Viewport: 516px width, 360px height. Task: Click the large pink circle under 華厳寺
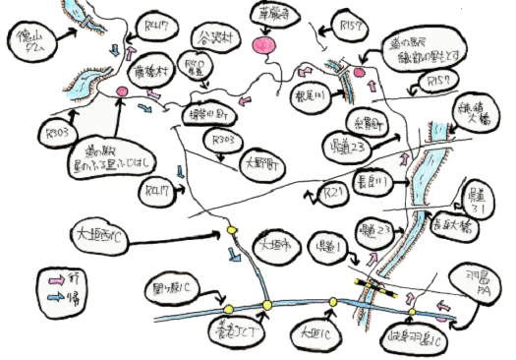click(262, 45)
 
